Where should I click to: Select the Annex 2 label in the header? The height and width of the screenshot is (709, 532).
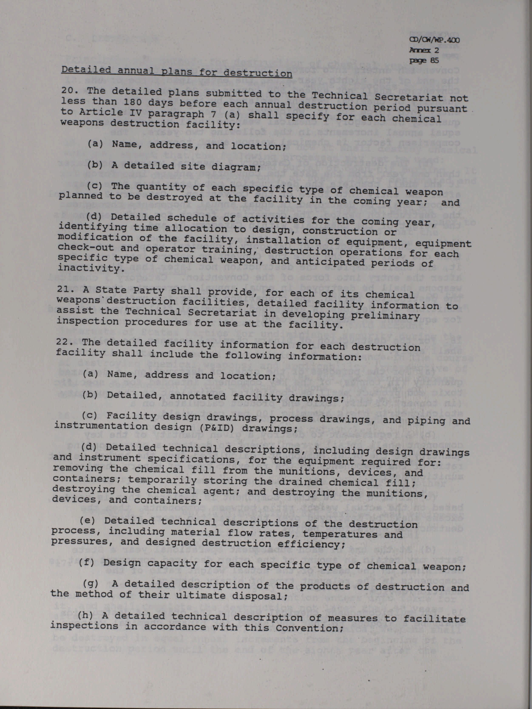click(x=424, y=50)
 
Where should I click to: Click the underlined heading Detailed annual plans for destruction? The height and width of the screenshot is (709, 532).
click(x=176, y=71)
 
